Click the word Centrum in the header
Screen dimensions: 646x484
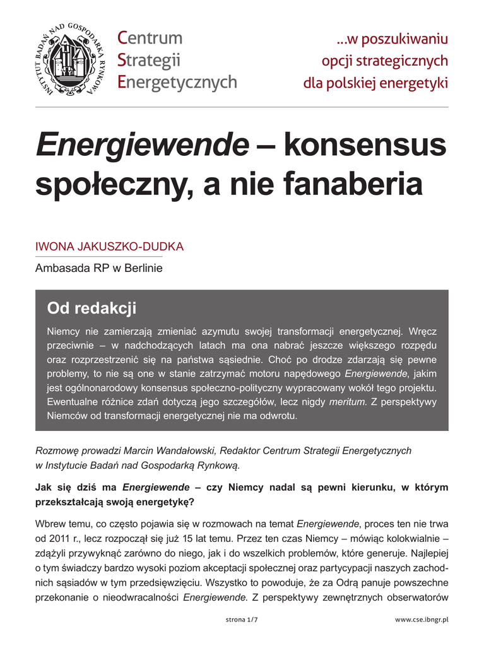[150, 38]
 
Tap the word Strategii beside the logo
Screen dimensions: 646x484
[149, 61]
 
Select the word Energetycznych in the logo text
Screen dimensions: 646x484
[177, 82]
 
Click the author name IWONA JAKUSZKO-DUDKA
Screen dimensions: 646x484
[109, 247]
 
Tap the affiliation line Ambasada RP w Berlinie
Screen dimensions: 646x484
[99, 268]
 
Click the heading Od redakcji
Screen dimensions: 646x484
[91, 308]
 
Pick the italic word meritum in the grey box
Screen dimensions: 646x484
[347, 402]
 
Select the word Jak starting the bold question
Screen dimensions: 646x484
[44, 487]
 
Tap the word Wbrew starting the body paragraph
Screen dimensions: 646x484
[50, 524]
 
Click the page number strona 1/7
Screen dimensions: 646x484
[242, 620]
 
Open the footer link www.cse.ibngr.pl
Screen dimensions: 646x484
[421, 620]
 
